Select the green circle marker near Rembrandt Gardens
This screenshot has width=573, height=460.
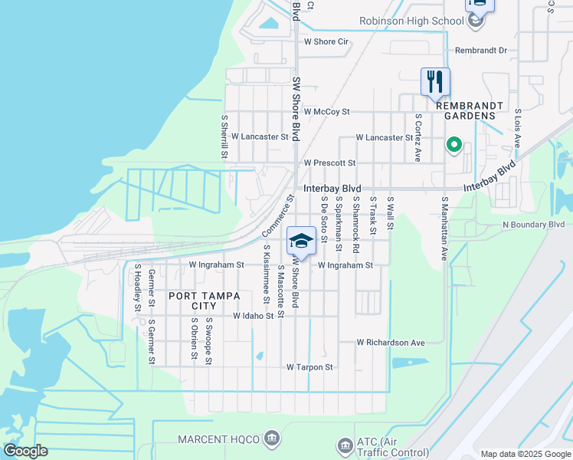point(453,144)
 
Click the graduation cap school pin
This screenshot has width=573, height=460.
point(301,242)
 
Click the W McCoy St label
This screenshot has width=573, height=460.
point(326,111)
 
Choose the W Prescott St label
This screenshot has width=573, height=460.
point(329,163)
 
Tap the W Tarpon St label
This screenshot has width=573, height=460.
point(309,367)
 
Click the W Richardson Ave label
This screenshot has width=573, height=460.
point(391,343)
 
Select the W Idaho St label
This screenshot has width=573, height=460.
point(254,316)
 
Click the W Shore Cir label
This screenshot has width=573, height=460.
point(326,41)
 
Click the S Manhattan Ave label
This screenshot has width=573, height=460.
point(444,228)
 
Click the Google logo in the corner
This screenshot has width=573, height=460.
point(26,451)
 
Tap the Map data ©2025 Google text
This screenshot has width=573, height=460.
point(525,454)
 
